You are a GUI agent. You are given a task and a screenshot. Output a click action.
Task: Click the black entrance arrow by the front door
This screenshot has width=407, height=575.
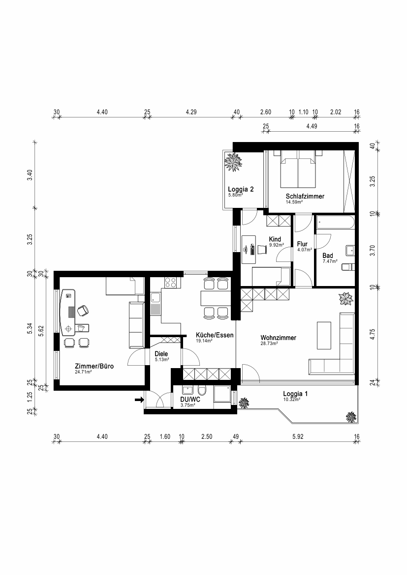[x=139, y=400]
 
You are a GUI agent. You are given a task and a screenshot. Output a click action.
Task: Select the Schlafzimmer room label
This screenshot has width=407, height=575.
[x=305, y=196]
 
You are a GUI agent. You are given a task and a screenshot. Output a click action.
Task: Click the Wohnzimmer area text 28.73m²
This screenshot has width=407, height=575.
[x=269, y=344]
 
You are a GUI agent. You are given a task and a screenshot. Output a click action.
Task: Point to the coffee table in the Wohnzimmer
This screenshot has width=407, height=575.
[x=324, y=336]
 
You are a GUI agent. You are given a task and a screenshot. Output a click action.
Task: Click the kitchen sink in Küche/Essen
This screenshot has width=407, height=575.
[x=156, y=304]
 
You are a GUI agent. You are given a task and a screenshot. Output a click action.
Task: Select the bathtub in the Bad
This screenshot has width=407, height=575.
[x=335, y=222]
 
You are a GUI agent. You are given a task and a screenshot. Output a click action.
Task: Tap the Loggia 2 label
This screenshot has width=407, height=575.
[x=241, y=189]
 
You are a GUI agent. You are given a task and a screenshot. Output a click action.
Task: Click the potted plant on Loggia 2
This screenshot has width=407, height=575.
[x=233, y=162]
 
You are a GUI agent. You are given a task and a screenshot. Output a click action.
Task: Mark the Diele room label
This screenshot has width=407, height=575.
[x=161, y=354]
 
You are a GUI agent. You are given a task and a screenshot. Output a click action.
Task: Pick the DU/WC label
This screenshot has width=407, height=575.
[x=190, y=400]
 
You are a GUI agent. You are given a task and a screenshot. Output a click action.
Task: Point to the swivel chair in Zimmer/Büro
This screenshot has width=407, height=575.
[x=83, y=311]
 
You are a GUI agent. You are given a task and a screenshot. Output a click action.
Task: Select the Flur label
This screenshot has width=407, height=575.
[x=302, y=244]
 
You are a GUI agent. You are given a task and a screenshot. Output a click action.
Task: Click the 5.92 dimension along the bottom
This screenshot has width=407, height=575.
[x=298, y=437]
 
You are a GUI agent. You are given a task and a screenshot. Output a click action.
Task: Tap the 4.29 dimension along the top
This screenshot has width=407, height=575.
[x=191, y=112]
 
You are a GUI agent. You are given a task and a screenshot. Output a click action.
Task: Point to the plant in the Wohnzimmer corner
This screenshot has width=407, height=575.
[x=346, y=299]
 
